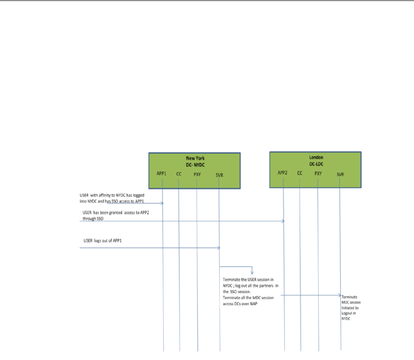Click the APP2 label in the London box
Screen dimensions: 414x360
283,172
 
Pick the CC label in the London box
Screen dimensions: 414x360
300,172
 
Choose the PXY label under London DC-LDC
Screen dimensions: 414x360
318,172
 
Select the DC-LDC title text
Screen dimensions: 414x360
316,164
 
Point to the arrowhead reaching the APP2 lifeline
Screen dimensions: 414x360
283,221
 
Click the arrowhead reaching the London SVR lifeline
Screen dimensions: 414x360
339,295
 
